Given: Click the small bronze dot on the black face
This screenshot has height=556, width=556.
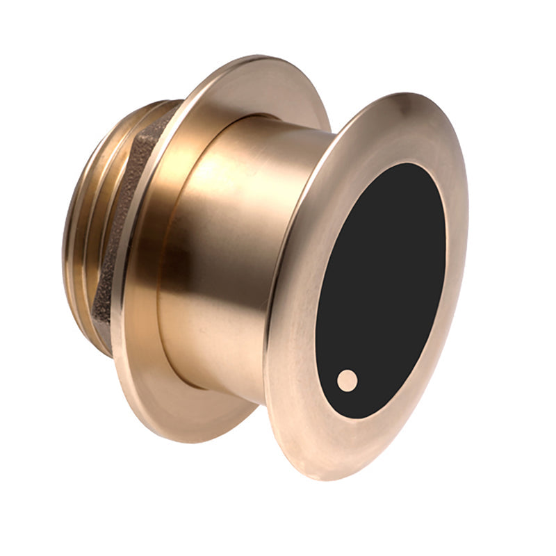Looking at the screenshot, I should click(347, 379).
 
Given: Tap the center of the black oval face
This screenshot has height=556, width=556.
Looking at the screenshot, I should click(381, 291).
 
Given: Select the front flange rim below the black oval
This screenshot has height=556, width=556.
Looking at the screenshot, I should click(334, 452).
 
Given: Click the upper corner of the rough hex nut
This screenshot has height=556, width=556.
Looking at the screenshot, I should click(167, 118).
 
